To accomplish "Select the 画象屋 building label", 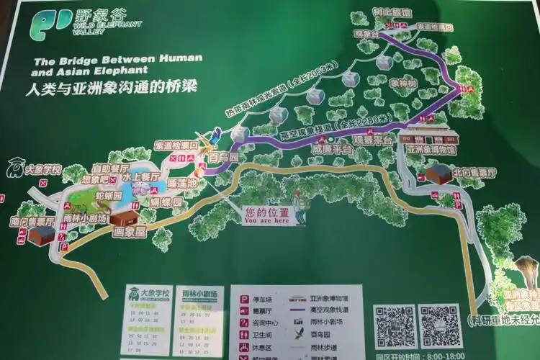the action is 130,232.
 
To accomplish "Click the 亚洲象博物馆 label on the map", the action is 432,150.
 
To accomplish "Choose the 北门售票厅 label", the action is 474,173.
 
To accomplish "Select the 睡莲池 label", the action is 181,183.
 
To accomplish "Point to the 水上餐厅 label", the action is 140,176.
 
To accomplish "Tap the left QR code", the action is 395,325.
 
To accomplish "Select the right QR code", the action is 441,325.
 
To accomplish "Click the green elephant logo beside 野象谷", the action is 49,24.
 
